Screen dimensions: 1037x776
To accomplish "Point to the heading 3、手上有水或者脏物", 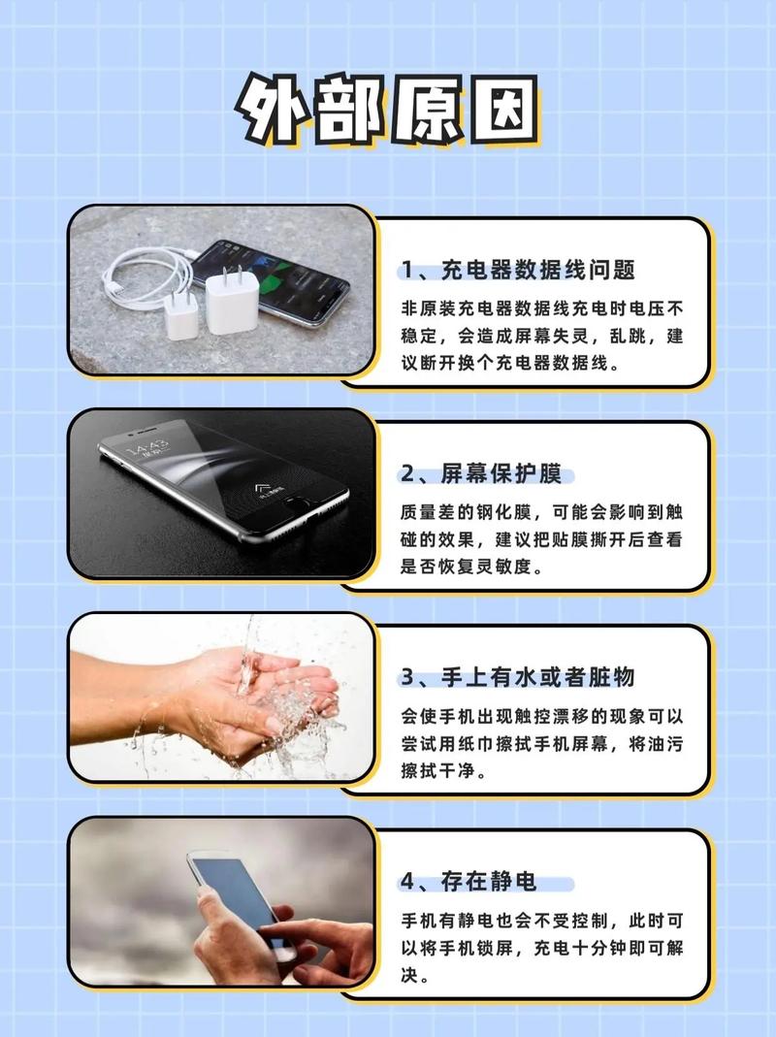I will coord(518,676).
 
